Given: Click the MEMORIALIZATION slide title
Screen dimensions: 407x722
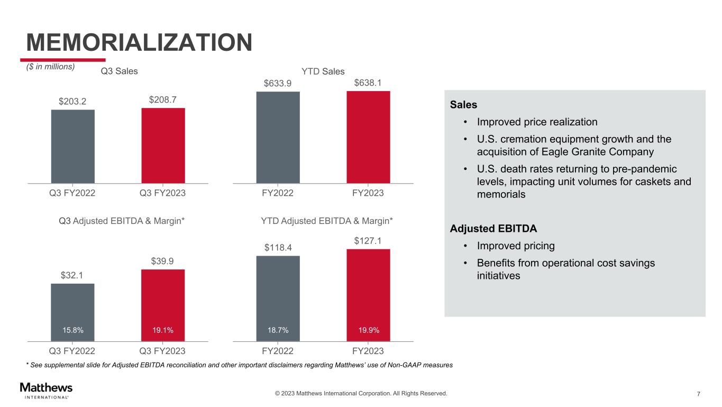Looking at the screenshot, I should (x=139, y=42).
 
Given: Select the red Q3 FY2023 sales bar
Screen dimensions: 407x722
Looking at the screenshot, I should (x=163, y=146).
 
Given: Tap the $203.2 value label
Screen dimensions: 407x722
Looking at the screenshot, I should (x=73, y=101).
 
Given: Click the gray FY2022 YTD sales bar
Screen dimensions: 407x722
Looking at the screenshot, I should (x=278, y=137).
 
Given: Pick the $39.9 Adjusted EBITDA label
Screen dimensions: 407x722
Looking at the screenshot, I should (x=163, y=261).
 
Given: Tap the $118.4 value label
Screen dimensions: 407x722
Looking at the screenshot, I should (x=278, y=247).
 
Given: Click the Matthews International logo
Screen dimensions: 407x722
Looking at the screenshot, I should (x=46, y=390).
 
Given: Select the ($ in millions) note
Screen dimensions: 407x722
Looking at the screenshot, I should (x=51, y=67).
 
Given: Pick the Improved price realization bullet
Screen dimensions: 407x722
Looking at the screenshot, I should (x=537, y=122).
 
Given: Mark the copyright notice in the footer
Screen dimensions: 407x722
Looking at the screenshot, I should (x=361, y=393).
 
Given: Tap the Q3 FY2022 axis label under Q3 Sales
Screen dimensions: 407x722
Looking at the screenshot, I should (x=72, y=193).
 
